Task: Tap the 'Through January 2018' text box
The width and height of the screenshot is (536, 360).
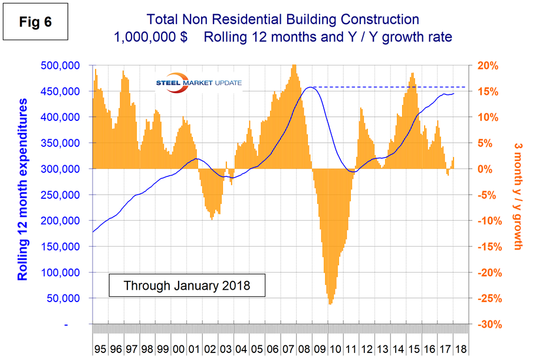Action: [x=187, y=286]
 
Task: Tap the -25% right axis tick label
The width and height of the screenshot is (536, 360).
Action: [x=487, y=299]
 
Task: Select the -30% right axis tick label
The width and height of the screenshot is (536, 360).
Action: [x=487, y=325]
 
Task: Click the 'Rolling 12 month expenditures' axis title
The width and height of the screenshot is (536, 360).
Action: [x=22, y=189]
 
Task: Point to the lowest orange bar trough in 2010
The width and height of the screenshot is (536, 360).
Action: [x=330, y=303]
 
